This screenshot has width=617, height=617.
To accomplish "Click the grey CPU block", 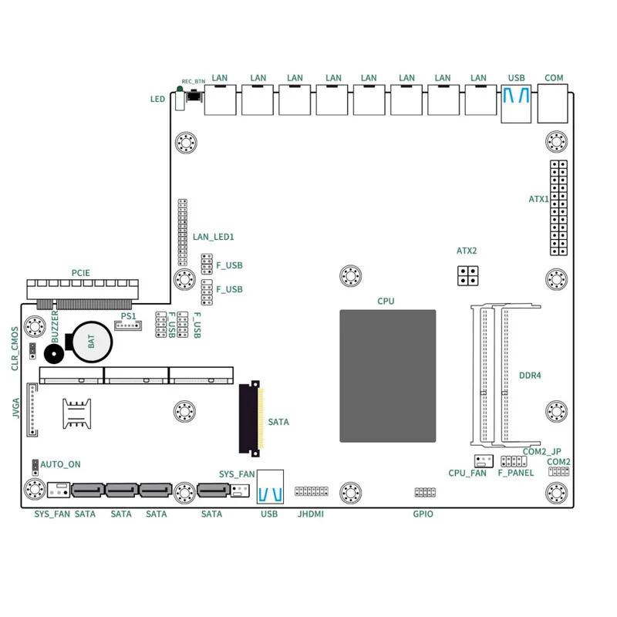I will click(387, 376).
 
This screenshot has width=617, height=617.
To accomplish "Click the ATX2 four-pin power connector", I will click(467, 276).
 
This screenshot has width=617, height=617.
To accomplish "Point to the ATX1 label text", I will click(538, 199).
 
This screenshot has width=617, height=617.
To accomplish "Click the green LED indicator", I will click(180, 91).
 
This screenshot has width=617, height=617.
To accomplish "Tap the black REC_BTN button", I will click(192, 96).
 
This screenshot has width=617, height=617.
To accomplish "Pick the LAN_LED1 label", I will click(213, 238).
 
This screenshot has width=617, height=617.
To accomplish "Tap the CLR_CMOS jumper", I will click(32, 352).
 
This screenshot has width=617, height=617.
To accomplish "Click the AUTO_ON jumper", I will click(35, 465).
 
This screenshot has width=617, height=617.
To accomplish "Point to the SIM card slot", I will click(73, 414).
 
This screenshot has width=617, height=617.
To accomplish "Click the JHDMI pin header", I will click(311, 491).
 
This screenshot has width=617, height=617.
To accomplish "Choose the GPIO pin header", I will click(424, 492).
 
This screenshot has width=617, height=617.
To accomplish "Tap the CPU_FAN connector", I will click(484, 461).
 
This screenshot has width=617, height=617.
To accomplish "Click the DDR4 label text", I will click(530, 376).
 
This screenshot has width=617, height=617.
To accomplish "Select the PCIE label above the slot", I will click(80, 273).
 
